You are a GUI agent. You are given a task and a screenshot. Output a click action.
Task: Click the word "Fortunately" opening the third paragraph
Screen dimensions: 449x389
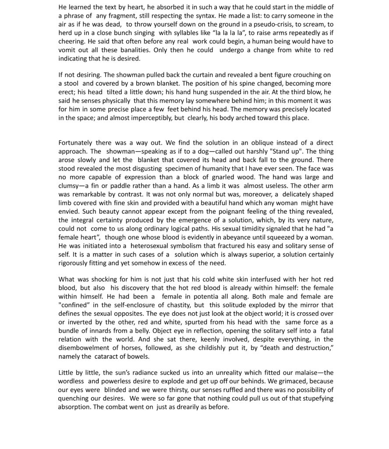point(75,143)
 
